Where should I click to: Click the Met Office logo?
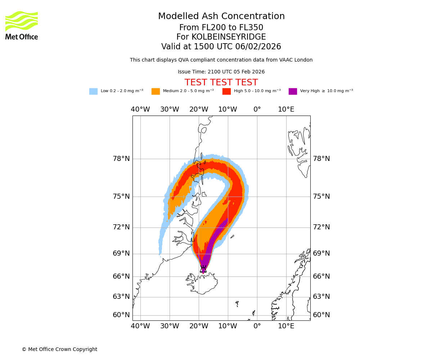tap(22, 25)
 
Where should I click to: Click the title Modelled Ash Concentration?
tap(221, 17)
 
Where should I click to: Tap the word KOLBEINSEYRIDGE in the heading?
tap(229, 37)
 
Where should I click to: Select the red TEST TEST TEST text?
tap(221, 82)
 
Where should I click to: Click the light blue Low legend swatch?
tap(93, 91)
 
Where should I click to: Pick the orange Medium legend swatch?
tap(156, 91)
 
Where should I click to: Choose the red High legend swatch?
tap(226, 91)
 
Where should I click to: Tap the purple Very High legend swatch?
tap(293, 91)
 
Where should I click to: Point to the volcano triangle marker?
tap(203, 269)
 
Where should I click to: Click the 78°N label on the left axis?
tap(121, 159)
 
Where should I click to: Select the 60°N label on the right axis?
tap(321, 315)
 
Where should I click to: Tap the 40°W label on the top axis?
tap(140, 109)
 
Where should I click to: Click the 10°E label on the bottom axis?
tap(286, 326)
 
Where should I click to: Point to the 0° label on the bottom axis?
tap(257, 326)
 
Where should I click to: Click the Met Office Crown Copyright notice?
tap(59, 350)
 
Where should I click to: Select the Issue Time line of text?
tap(221, 72)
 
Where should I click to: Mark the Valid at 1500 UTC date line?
tap(221, 47)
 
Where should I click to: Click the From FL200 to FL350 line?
tap(221, 28)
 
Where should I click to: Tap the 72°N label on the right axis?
tap(321, 227)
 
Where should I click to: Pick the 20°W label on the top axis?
tap(199, 109)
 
